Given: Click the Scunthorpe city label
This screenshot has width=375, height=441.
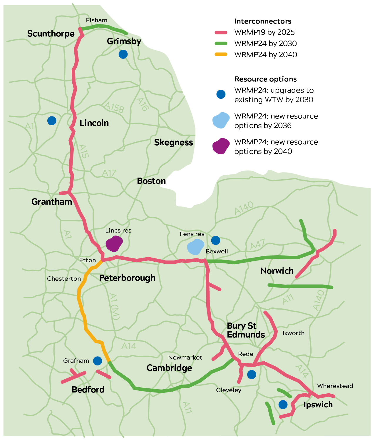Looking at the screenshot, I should [x=51, y=34].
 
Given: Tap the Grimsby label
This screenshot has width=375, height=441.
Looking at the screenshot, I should [x=124, y=41].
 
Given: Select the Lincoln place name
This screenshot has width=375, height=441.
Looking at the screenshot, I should [x=94, y=123].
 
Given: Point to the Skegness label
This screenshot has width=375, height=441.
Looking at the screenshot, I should [x=173, y=142].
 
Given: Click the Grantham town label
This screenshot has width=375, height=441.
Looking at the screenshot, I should [x=52, y=202].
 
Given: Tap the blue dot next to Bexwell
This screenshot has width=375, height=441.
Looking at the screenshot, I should [x=216, y=240].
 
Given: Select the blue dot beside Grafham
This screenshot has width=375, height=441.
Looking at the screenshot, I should [x=98, y=361].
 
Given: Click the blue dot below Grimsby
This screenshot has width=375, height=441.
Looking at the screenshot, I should [x=123, y=54].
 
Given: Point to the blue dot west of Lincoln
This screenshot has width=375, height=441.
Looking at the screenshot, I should [x=52, y=121].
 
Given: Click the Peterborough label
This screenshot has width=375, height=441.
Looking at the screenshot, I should [x=127, y=278].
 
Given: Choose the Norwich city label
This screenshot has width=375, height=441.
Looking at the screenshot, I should [x=277, y=271].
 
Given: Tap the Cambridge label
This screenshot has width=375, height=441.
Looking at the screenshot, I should [x=169, y=368].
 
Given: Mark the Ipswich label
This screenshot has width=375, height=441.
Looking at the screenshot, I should [x=318, y=405].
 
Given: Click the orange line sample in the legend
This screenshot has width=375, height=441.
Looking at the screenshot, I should [x=221, y=54].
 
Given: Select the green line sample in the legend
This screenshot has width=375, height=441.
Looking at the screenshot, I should [x=221, y=43].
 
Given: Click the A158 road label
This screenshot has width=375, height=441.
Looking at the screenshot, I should [x=114, y=107].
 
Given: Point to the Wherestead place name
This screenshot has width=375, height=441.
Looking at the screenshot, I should [x=335, y=386].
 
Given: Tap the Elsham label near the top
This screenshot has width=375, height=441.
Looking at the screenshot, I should [x=96, y=20].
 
